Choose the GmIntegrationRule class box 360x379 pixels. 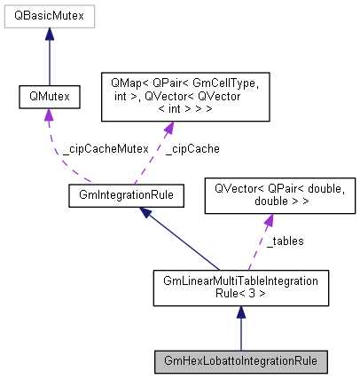pyautogui.click(x=126, y=193)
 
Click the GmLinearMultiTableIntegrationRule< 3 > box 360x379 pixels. pyautogui.click(x=240, y=290)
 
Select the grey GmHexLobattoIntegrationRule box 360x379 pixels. pyautogui.click(x=240, y=362)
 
